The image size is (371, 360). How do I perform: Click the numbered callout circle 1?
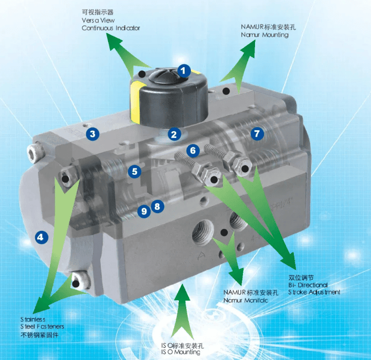184,70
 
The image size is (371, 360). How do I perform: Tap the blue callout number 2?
174,134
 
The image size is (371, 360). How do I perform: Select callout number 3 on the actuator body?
92,134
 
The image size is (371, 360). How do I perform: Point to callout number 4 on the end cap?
41,237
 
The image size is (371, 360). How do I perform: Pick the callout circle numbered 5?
134,172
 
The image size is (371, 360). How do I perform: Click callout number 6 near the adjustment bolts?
193,150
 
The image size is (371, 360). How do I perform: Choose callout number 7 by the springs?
257,133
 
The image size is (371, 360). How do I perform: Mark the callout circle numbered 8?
157,206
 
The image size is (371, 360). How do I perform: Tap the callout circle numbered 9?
144,211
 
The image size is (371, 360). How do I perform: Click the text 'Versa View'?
98,20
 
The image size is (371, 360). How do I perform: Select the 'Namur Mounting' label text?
264,35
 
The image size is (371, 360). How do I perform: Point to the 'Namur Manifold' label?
246,300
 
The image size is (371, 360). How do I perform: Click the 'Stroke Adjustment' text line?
314,292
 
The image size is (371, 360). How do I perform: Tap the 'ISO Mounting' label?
181,352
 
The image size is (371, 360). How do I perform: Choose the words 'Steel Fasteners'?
42,326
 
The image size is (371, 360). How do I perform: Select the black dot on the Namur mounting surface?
227,91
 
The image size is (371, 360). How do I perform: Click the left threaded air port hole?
203,232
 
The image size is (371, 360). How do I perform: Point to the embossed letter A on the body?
202,256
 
